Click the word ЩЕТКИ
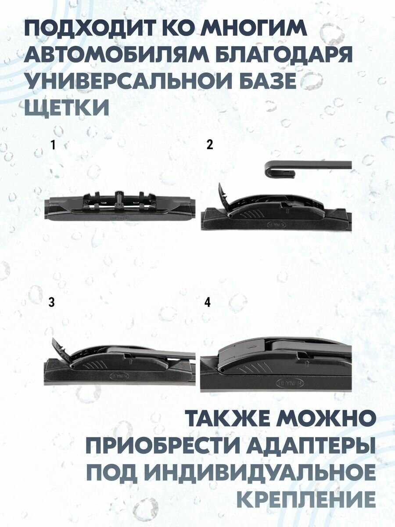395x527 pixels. point(67,106)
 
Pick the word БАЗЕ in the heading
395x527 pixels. point(265,81)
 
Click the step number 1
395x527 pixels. point(53,145)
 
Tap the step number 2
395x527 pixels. point(210,145)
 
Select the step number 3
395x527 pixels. point(51,302)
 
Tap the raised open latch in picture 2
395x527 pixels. point(223,196)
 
